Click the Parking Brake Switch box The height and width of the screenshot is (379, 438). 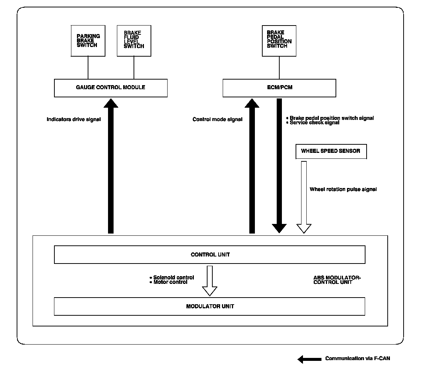[88, 41]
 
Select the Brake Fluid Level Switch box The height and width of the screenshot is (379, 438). [134, 41]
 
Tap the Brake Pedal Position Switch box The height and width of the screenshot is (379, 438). [279, 41]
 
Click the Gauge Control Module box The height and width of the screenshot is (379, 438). [111, 88]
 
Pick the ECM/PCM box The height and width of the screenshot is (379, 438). [279, 88]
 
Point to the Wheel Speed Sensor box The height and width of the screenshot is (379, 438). [331, 151]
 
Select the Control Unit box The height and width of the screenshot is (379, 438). [209, 255]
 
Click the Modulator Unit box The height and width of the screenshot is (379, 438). [209, 306]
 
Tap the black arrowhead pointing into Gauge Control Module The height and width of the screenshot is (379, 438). [111, 103]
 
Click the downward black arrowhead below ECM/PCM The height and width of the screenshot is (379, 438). [279, 228]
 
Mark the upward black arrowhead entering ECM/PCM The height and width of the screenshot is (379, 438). [252, 103]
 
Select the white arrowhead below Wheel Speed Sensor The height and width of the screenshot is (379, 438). [304, 228]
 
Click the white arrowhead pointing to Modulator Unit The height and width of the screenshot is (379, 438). [209, 291]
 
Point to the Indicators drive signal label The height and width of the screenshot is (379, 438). [74, 119]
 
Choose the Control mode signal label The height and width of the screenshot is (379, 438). [217, 119]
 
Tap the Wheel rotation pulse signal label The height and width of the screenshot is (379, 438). [343, 189]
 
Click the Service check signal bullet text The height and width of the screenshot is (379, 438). [313, 123]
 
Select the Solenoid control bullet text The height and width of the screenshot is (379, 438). [172, 277]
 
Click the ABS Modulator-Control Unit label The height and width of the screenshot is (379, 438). [337, 280]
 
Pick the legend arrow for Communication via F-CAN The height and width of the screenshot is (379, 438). [310, 359]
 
